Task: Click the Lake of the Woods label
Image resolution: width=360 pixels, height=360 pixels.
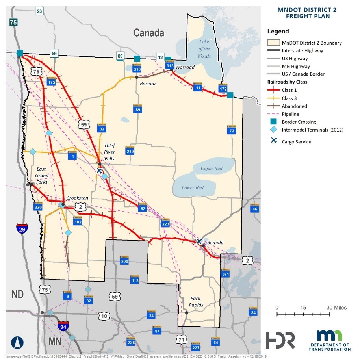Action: pyautogui.click(x=204, y=49)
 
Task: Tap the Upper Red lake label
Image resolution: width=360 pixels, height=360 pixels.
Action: pyautogui.click(x=211, y=169)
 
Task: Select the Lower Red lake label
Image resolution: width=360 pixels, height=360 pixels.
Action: pyautogui.click(x=192, y=187)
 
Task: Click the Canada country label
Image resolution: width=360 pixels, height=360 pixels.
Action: pyautogui.click(x=148, y=33)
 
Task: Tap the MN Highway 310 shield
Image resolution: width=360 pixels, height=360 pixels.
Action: pyautogui.click(x=137, y=68)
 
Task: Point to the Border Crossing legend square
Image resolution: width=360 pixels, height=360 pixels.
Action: pyautogui.click(x=273, y=122)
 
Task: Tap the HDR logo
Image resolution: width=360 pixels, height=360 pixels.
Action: pyautogui.click(x=280, y=340)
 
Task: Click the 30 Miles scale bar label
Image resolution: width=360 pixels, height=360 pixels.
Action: pyautogui.click(x=337, y=308)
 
